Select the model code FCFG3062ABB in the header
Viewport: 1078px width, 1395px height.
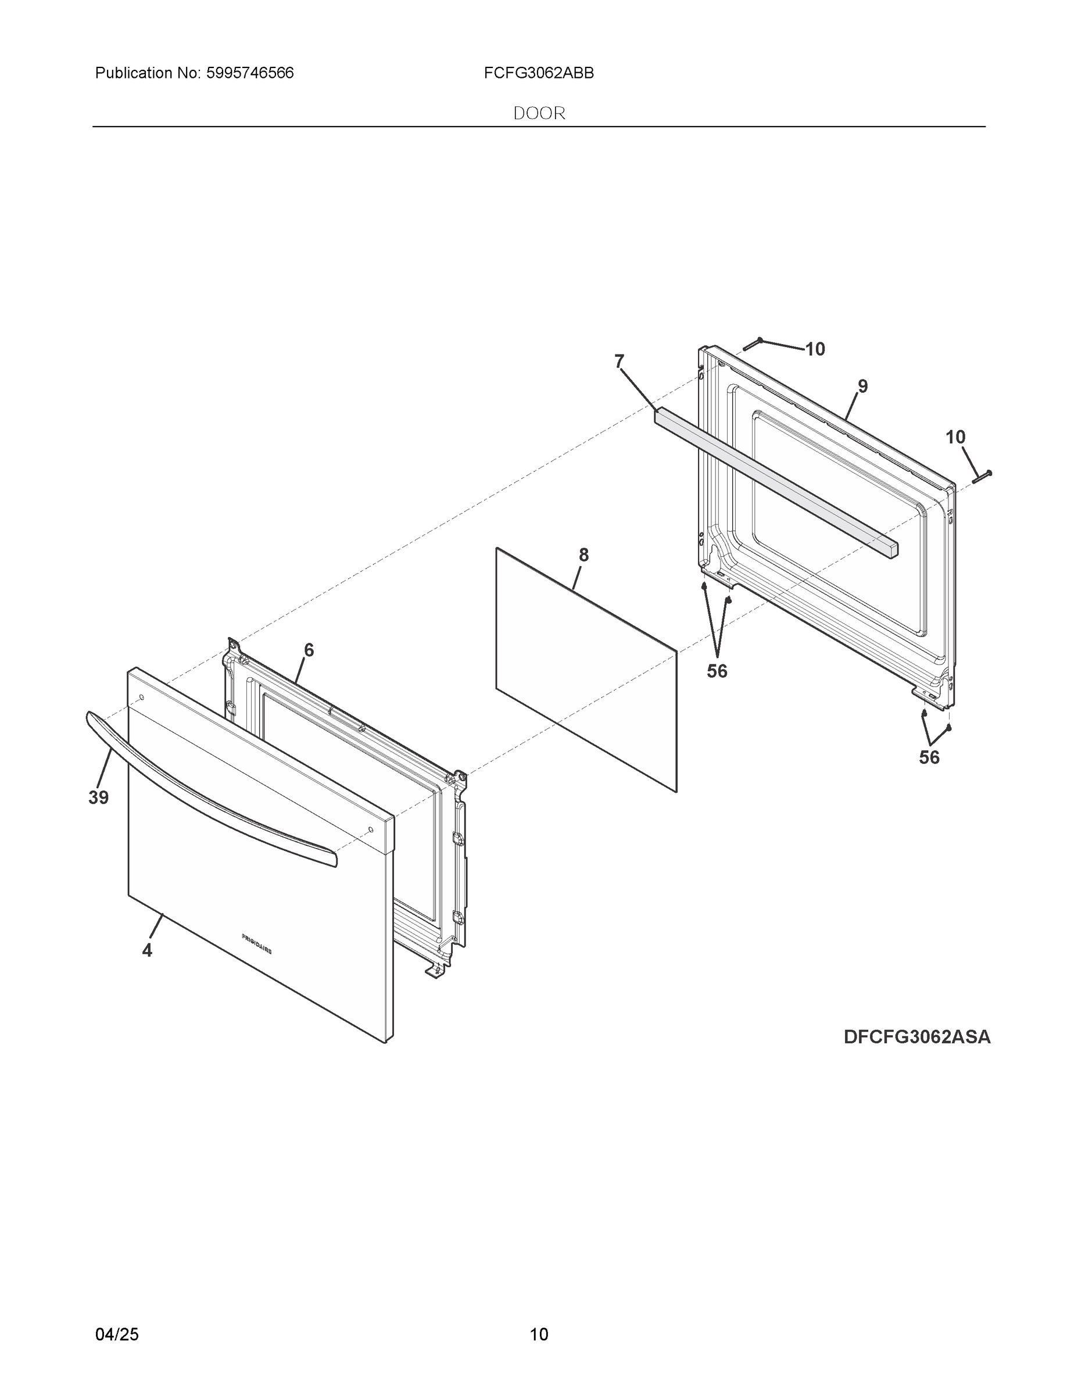pyautogui.click(x=538, y=73)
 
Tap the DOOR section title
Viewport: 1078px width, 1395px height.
pyautogui.click(x=539, y=113)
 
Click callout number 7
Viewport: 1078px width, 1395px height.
pyautogui.click(x=619, y=362)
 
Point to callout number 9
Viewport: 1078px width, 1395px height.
pyautogui.click(x=862, y=387)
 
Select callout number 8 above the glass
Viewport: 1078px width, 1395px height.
pyautogui.click(x=583, y=555)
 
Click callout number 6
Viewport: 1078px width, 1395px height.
pyautogui.click(x=309, y=650)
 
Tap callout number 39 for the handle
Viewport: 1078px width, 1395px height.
pyautogui.click(x=98, y=797)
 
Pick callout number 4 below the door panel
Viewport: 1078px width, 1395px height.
pyautogui.click(x=147, y=950)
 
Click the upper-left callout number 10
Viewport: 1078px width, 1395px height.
pyautogui.click(x=815, y=349)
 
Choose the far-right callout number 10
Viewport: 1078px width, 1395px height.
pyautogui.click(x=955, y=438)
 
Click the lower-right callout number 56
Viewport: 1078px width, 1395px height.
pyautogui.click(x=929, y=757)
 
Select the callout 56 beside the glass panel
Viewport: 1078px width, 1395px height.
pyautogui.click(x=717, y=671)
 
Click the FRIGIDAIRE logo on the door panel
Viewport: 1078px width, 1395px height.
pyautogui.click(x=257, y=944)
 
